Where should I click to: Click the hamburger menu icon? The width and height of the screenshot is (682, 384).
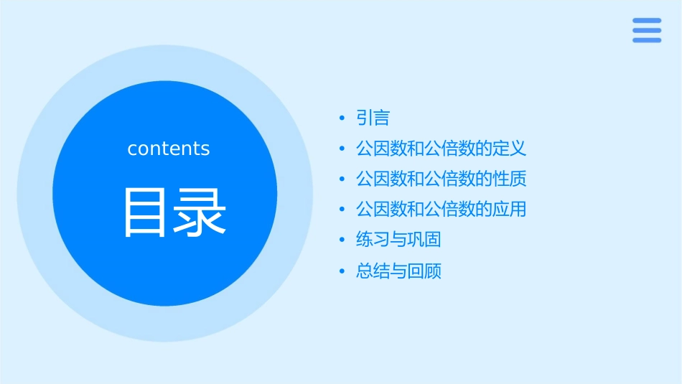pyautogui.click(x=647, y=30)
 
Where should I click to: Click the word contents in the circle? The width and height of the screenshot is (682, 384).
pyautogui.click(x=169, y=149)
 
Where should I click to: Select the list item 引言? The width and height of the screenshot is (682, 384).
pyautogui.click(x=373, y=118)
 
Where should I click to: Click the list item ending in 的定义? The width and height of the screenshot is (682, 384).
pyautogui.click(x=441, y=149)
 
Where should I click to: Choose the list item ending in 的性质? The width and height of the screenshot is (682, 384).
pyautogui.click(x=441, y=179)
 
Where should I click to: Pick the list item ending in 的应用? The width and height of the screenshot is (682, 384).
pyautogui.click(x=441, y=210)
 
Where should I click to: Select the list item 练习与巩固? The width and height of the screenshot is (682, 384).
pyautogui.click(x=398, y=240)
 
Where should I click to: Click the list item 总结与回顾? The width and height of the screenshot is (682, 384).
pyautogui.click(x=398, y=271)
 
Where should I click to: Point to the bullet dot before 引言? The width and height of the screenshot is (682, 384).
pyautogui.click(x=342, y=118)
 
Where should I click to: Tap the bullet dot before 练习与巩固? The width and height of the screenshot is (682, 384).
pyautogui.click(x=342, y=240)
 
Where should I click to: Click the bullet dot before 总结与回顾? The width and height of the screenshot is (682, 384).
pyautogui.click(x=342, y=271)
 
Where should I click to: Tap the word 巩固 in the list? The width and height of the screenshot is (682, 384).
pyautogui.click(x=424, y=240)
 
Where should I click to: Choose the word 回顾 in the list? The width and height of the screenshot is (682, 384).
pyautogui.click(x=424, y=271)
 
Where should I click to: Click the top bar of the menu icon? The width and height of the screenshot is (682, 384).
pyautogui.click(x=647, y=21)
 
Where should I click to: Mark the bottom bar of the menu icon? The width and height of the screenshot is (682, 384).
pyautogui.click(x=647, y=39)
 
